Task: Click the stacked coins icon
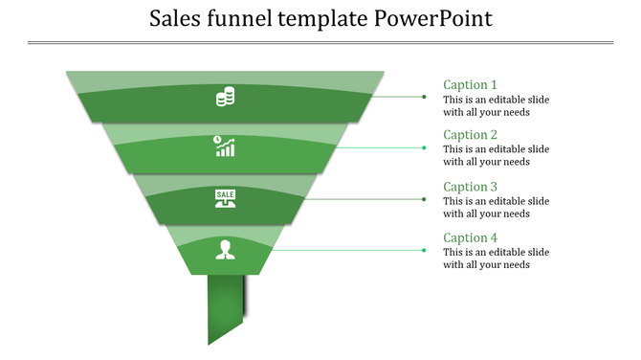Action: (226, 97)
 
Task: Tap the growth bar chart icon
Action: (225, 146)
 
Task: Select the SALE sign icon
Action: (225, 198)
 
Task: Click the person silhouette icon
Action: (225, 250)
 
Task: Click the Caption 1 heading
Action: (470, 84)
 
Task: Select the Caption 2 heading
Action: (470, 135)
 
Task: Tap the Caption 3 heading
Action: (470, 187)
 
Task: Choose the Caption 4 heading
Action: (470, 237)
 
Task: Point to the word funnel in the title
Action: (243, 19)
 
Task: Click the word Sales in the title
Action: (178, 19)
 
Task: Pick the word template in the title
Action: (322, 19)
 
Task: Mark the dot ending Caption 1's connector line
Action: (424, 97)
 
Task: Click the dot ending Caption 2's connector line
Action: (424, 147)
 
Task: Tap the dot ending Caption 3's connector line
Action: (424, 199)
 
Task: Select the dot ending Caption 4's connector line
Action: (424, 250)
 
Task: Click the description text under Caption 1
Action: (496, 105)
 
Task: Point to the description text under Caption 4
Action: (496, 259)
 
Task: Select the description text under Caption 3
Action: (496, 208)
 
